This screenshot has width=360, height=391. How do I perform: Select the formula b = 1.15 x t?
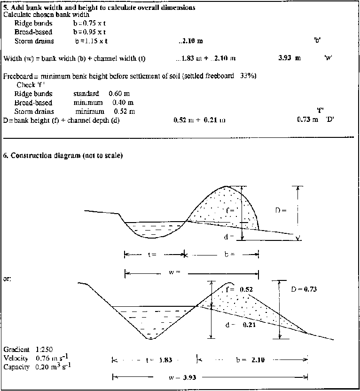point(91,41)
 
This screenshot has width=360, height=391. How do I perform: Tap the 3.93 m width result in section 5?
point(290,59)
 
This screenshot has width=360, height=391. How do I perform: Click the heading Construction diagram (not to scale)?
point(63,156)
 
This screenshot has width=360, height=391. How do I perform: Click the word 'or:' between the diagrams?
point(8,279)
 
